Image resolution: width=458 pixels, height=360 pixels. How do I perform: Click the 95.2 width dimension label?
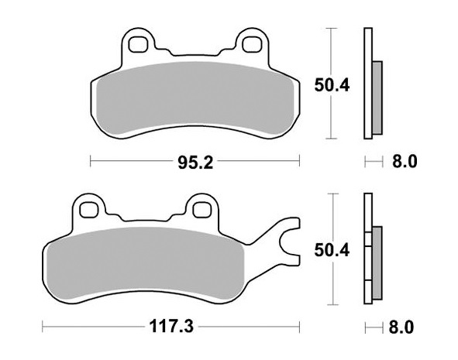pyautogui.click(x=195, y=162)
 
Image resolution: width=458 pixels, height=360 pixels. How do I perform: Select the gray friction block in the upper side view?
pyautogui.click(x=377, y=97)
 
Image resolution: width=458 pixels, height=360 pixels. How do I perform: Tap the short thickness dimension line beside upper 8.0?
pyautogui.click(x=374, y=162)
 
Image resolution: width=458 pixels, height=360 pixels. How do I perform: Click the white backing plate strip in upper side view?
pyautogui.click(x=367, y=85)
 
